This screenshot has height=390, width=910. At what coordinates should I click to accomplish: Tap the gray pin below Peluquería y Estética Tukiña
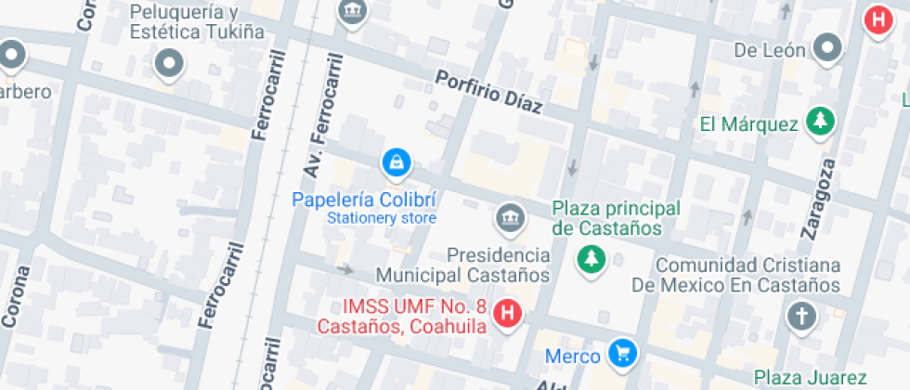click(x=169, y=64)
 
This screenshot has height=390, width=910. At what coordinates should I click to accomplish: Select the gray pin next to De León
click(x=827, y=46)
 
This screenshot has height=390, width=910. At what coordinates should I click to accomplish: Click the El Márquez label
click(x=748, y=123)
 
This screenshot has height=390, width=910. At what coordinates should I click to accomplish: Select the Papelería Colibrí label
click(x=363, y=200)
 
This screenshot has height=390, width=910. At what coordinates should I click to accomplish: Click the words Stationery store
click(x=381, y=219)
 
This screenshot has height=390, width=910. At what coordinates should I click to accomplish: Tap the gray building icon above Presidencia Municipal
click(x=509, y=218)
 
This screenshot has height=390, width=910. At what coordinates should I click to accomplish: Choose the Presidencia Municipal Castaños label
click(x=462, y=265)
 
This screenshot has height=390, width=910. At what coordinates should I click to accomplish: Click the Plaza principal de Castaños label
click(x=616, y=218)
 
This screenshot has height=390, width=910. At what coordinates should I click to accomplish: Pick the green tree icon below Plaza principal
click(x=589, y=260)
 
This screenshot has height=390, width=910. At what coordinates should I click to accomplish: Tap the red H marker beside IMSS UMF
click(x=507, y=314)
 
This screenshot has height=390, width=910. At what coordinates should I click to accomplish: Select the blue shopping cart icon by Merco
click(x=622, y=353)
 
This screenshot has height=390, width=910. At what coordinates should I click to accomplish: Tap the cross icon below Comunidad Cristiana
click(x=800, y=317)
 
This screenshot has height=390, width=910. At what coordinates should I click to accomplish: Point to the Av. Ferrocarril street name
click(x=321, y=116)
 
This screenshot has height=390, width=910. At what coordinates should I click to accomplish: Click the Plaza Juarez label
click(x=811, y=377)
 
